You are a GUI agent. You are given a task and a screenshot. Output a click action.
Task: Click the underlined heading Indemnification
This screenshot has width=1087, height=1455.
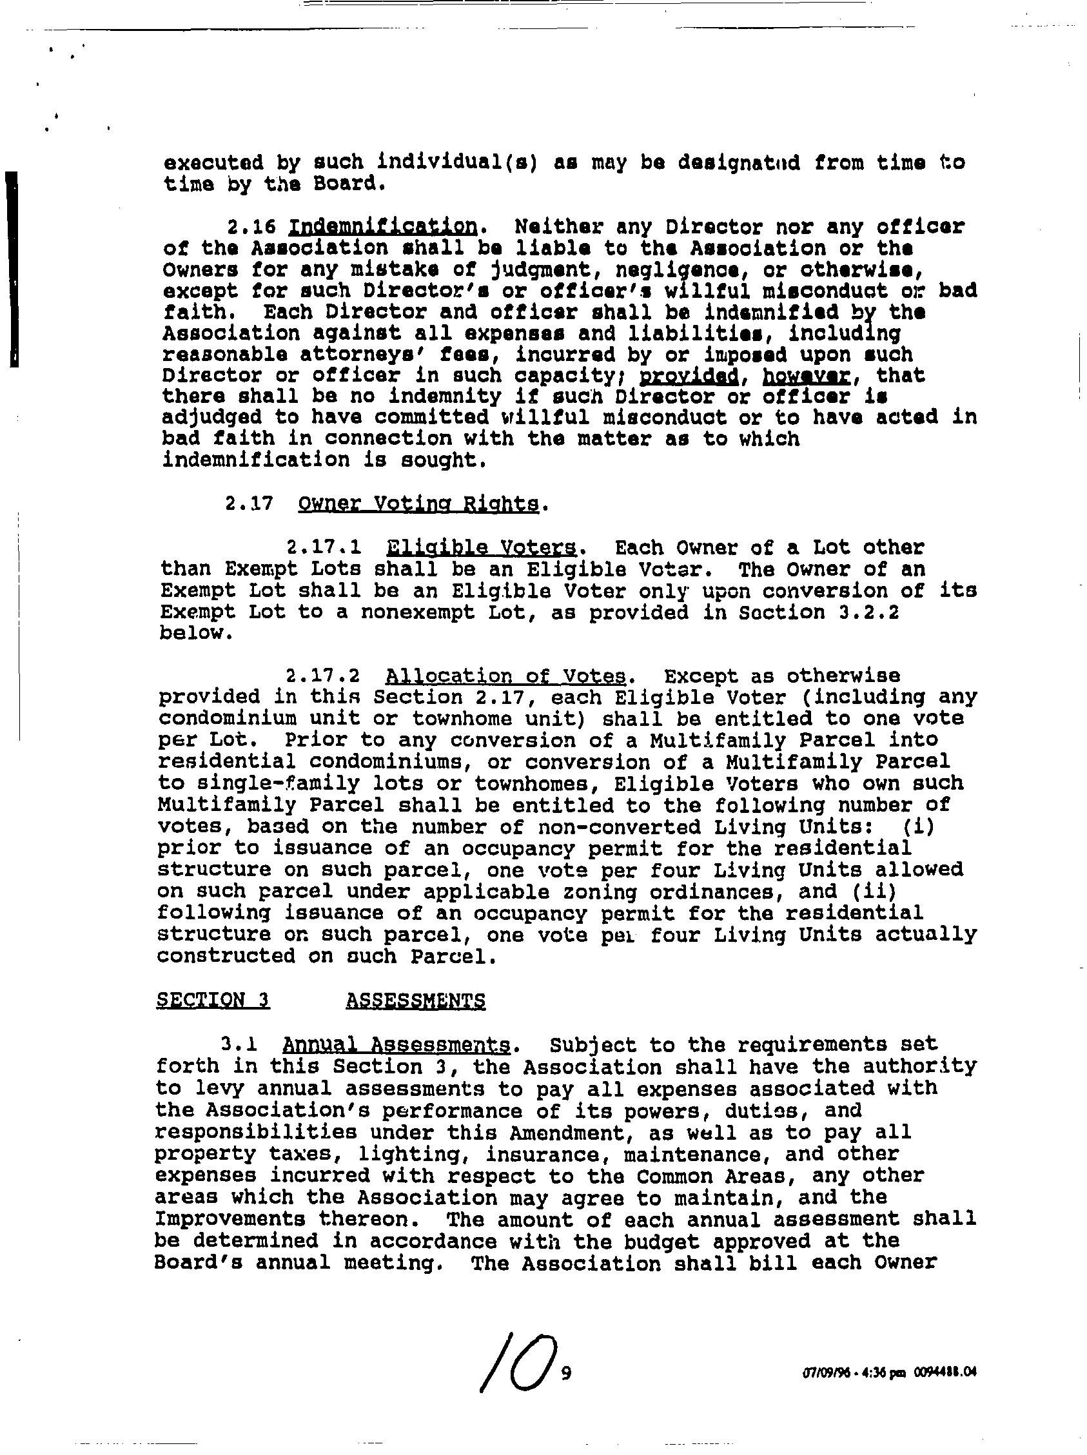click(x=382, y=227)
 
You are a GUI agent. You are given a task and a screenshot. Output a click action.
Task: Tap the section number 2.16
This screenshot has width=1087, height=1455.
click(x=249, y=228)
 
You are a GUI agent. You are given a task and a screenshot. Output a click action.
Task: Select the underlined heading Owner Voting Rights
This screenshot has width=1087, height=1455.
click(x=418, y=505)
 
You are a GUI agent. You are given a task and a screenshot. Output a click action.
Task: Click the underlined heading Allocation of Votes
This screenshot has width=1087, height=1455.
click(x=505, y=676)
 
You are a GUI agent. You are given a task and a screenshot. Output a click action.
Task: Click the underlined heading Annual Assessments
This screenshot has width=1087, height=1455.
click(x=396, y=1045)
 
